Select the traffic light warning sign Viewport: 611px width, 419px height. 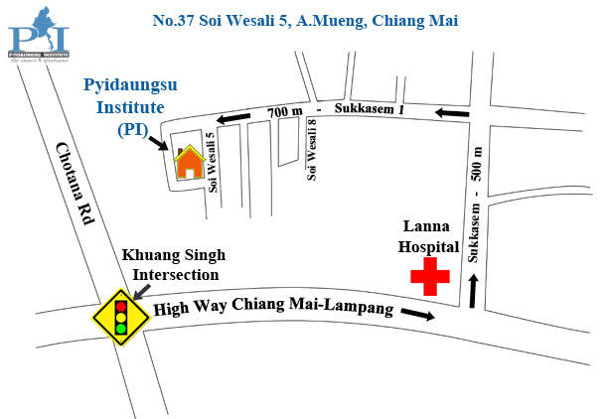[120, 315]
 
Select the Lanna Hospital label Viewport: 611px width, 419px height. [428, 236]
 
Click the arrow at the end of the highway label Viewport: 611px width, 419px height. [418, 316]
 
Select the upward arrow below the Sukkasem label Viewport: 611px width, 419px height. [474, 291]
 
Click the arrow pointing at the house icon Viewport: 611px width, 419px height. [157, 145]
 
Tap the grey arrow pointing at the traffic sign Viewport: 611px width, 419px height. [142, 290]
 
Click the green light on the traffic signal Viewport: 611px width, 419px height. [120, 328]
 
